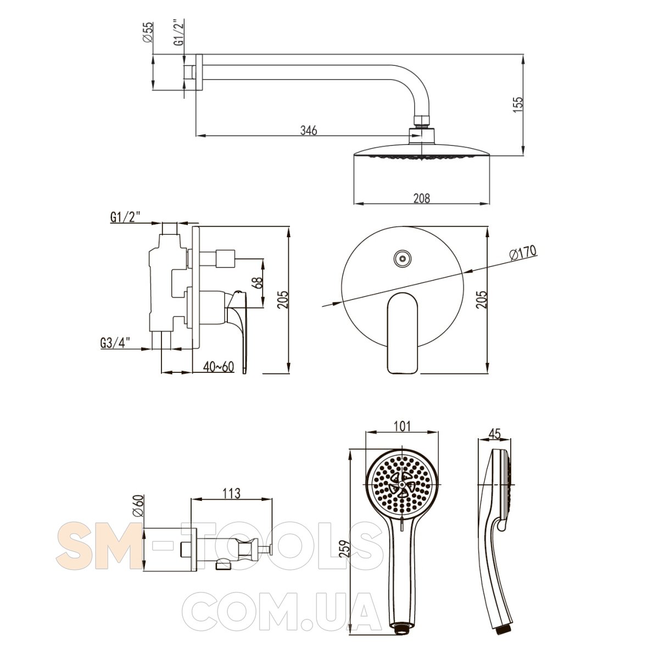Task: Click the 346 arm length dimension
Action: point(309,130)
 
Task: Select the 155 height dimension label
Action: point(518,105)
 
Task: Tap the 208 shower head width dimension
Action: point(421,198)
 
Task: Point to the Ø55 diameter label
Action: point(148,32)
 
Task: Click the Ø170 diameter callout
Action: point(523,253)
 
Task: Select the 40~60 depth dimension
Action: point(218,367)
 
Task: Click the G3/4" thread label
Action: point(115,343)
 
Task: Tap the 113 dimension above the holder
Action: point(232,493)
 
